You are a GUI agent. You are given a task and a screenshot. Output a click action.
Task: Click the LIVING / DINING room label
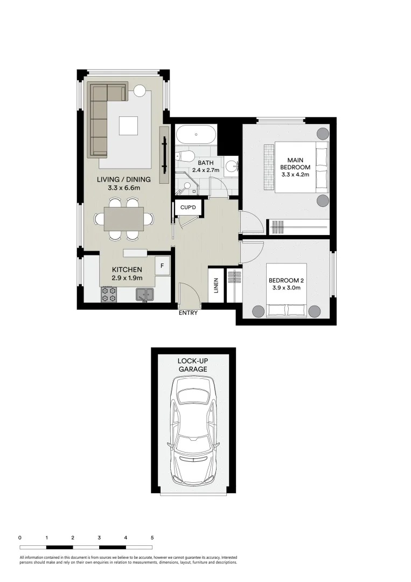click(x=124, y=179)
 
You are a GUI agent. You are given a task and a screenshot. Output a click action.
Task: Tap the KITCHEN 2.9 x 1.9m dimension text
click(x=127, y=278)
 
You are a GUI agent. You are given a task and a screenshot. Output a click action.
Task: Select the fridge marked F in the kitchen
click(x=162, y=265)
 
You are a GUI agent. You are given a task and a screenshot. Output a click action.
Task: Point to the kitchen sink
click(x=144, y=294)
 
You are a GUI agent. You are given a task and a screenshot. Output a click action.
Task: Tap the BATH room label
click(x=206, y=163)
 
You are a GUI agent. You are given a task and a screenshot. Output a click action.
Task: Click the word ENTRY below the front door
click(x=187, y=313)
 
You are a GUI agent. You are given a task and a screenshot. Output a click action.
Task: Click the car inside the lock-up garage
click(x=193, y=431)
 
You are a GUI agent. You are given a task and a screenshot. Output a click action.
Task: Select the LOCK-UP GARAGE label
click(x=193, y=365)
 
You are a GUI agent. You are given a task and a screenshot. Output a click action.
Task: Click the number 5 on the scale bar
click(x=152, y=538)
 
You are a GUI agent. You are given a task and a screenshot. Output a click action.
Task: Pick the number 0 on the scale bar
click(x=20, y=538)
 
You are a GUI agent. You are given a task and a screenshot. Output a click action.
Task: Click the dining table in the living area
click(x=123, y=219)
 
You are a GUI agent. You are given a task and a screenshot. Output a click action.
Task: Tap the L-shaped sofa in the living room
click(x=99, y=127)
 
